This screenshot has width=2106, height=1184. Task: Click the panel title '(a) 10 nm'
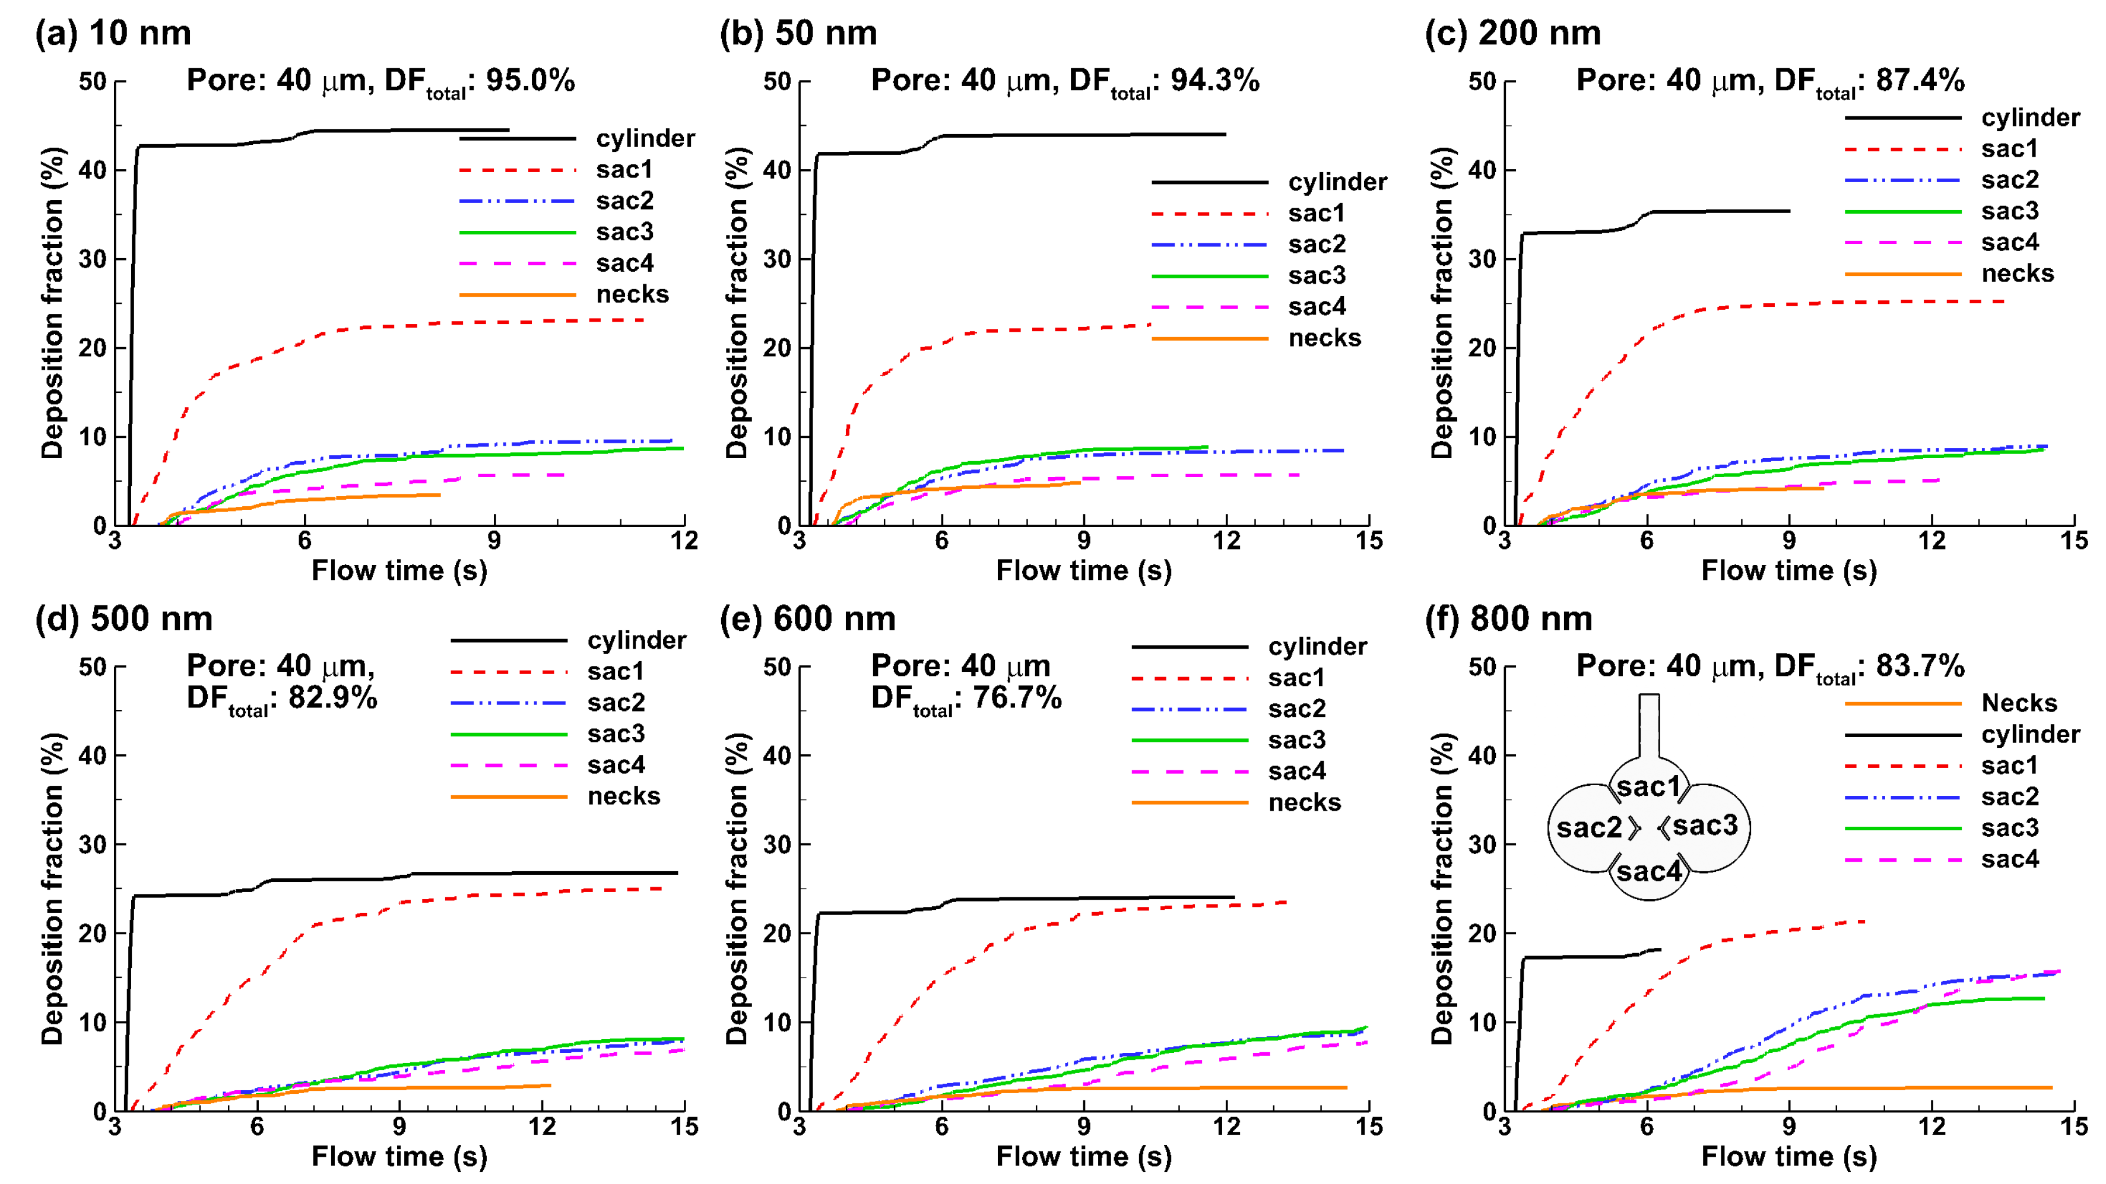[x=113, y=33]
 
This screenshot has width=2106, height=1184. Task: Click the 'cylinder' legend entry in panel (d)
[x=636, y=640]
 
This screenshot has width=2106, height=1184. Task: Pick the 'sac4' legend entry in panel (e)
[x=1296, y=771]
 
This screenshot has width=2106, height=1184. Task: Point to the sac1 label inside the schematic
[x=1648, y=786]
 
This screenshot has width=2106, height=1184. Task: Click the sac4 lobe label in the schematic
[x=1648, y=872]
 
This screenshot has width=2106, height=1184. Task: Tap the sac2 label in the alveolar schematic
[x=1588, y=827]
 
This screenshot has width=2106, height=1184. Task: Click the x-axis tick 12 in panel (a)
[x=683, y=541]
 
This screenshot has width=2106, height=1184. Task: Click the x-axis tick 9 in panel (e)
[x=1083, y=1127]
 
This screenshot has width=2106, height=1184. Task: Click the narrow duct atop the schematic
[x=1649, y=725]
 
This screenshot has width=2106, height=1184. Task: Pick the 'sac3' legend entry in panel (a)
[x=624, y=232]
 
